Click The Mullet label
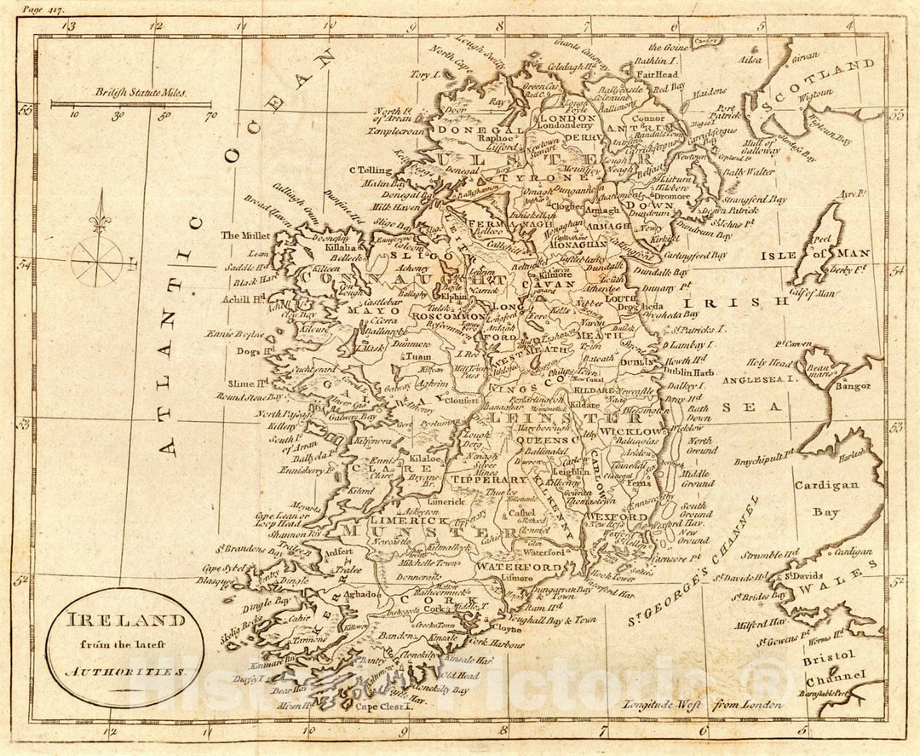[244, 234]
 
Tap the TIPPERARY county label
[488, 481]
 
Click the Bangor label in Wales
[853, 385]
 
